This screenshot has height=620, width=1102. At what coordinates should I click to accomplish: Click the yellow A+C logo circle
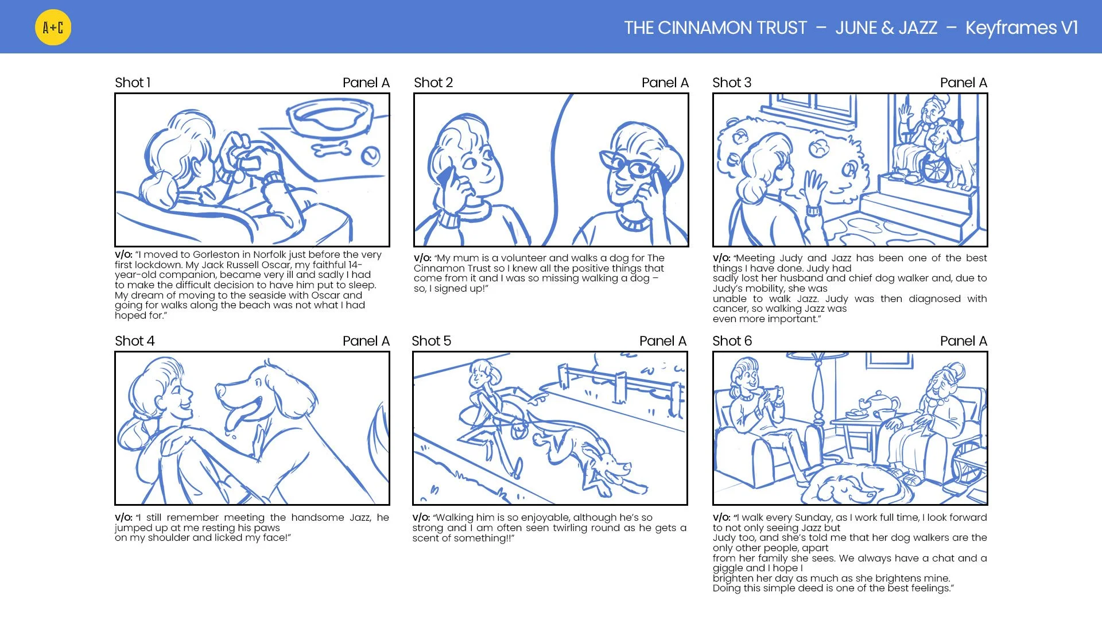tap(53, 27)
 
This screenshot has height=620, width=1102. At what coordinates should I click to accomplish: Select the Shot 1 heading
tap(133, 83)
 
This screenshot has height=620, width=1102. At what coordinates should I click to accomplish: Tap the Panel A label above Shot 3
tap(963, 83)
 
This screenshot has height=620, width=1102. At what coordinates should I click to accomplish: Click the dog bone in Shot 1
tap(332, 149)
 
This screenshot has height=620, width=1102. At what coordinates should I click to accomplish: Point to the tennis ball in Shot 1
tap(371, 156)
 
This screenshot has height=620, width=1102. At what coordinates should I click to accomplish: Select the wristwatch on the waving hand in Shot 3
tap(813, 211)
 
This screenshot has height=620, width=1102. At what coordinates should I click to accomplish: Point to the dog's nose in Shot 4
tap(220, 390)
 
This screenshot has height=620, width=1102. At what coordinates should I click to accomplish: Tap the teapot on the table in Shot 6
tap(876, 402)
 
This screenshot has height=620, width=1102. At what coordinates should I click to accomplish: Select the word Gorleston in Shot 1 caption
tap(216, 254)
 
